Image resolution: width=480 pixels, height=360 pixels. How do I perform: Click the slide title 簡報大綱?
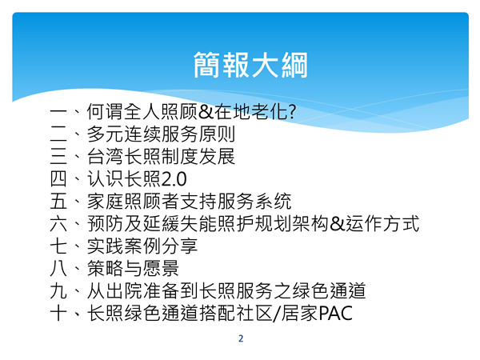250,65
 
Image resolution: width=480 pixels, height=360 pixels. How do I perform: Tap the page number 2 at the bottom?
241,338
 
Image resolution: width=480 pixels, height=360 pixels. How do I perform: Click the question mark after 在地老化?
292,111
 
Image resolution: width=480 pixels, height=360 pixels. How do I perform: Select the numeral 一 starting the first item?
58,112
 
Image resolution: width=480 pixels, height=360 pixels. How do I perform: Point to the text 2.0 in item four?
174,179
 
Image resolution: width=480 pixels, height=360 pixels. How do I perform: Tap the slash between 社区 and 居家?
277,314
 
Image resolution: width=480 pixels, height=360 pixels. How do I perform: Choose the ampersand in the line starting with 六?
338,224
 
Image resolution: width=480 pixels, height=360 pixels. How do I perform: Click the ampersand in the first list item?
206,112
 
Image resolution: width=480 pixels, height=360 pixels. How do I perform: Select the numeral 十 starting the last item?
58,313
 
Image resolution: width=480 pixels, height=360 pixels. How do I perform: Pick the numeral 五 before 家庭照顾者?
58,201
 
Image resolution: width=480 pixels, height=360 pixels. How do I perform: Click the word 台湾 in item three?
105,157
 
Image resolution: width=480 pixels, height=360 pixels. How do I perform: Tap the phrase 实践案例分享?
142,246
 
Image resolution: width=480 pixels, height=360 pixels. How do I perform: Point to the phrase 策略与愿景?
133,269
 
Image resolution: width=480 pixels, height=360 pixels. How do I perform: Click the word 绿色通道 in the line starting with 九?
329,291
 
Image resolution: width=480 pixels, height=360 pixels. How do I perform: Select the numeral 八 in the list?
58,269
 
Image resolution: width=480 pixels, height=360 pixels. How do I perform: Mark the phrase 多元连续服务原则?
161,134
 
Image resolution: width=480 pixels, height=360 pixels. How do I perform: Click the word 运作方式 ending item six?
382,224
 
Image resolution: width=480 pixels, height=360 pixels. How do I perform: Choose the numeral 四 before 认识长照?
58,178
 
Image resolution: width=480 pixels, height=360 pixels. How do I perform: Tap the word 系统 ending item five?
274,201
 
